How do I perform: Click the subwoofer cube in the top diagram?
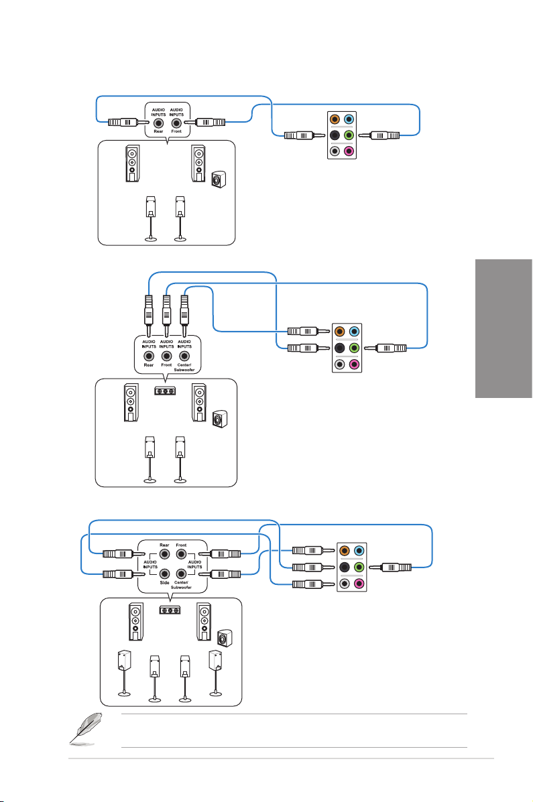(x=218, y=180)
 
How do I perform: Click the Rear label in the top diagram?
(x=158, y=131)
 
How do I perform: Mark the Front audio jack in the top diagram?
(x=176, y=123)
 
